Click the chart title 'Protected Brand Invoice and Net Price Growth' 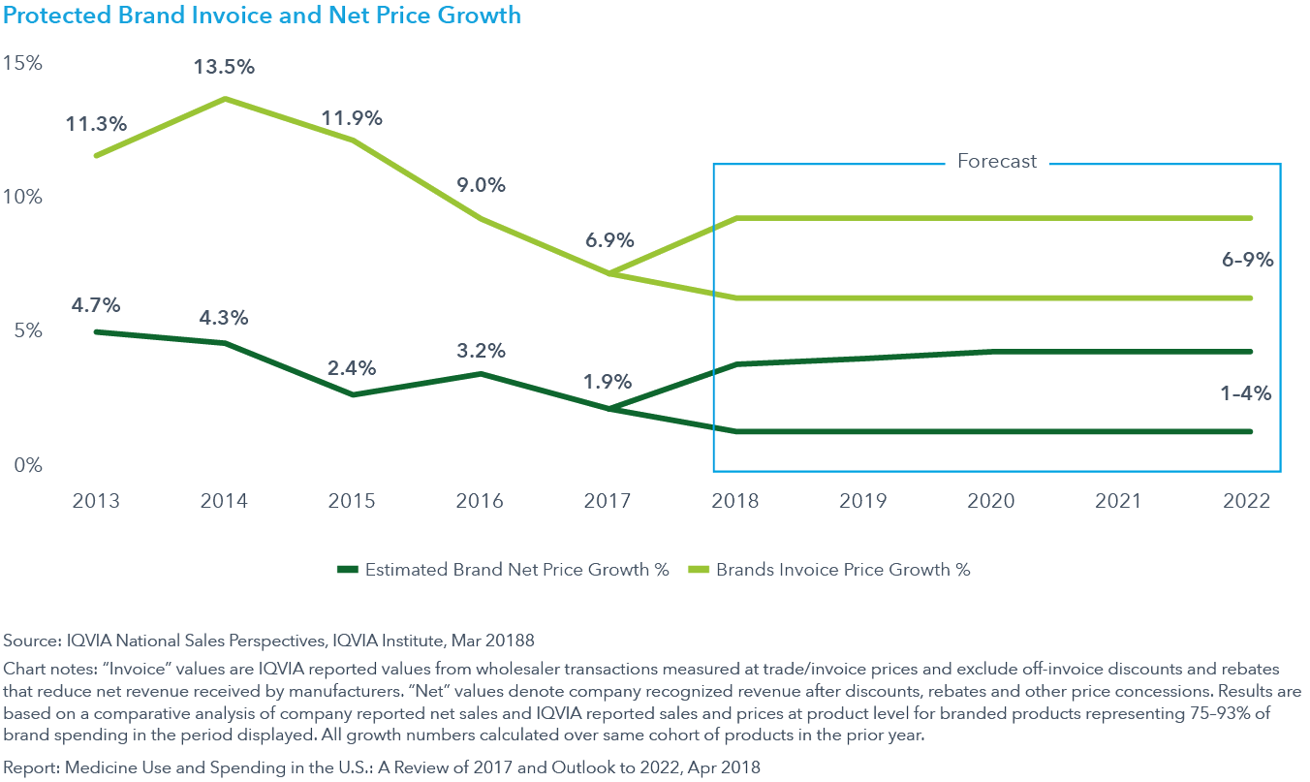262,16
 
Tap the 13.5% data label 224,68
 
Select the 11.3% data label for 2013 96,124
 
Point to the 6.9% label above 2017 608,239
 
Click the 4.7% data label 96,305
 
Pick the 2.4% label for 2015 352,368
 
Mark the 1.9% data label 608,381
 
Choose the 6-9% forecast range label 1247,260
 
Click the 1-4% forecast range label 1247,393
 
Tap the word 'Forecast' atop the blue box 996,162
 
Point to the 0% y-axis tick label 28,465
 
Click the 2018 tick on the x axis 735,501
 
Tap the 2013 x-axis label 96,501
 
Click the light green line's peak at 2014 224,99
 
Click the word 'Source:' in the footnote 31,641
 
